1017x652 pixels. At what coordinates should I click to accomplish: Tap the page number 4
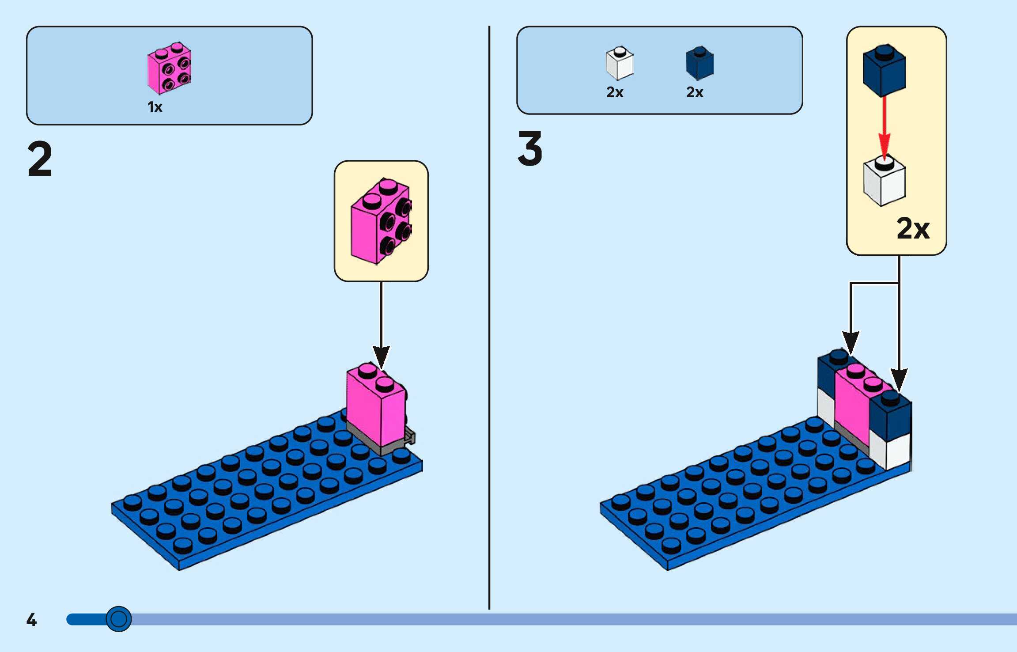click(31, 619)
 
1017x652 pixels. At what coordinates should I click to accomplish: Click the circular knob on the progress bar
click(118, 619)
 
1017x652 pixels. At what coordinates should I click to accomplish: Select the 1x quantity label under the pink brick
click(155, 107)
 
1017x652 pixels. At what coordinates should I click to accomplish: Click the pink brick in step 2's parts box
click(169, 68)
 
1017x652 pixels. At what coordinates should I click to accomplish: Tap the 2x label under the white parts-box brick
click(615, 92)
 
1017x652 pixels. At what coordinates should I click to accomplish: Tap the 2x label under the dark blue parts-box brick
click(695, 92)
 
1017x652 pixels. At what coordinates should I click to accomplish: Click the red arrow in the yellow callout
click(884, 128)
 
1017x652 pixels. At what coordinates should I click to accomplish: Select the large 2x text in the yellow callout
click(913, 228)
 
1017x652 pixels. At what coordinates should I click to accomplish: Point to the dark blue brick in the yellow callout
click(884, 71)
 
